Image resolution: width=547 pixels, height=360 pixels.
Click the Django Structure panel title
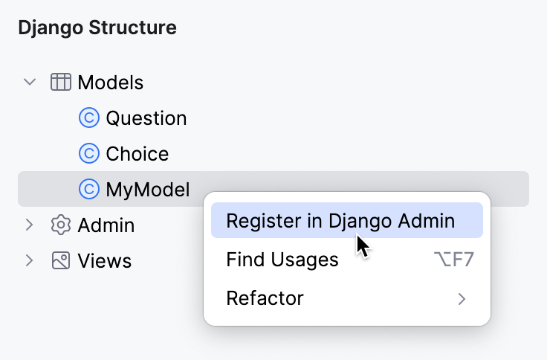97,28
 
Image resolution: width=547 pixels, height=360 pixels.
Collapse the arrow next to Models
30,82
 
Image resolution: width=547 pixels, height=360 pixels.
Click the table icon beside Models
61,82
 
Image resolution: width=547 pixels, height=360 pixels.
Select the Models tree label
110,82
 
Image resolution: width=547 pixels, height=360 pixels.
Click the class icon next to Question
88,118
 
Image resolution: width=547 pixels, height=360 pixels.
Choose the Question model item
146,118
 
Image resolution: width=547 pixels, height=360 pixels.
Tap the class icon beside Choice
88,153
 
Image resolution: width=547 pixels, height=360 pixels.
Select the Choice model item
137,153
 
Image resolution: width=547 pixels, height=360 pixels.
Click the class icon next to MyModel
88,189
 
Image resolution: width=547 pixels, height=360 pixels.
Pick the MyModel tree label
147,189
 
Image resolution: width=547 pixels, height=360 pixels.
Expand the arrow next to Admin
30,225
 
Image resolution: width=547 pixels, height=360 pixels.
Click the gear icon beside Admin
61,225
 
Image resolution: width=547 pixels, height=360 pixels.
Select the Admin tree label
106,225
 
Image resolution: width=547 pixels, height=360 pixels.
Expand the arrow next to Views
30,260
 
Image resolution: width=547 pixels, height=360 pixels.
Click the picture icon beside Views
61,260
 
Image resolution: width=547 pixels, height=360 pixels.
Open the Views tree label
105,260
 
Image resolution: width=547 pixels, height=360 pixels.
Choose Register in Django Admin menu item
340,221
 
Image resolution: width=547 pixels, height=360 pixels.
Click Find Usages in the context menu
282,260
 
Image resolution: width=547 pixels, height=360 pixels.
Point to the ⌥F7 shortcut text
453,260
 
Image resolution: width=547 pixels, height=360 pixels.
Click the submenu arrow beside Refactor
462,299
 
